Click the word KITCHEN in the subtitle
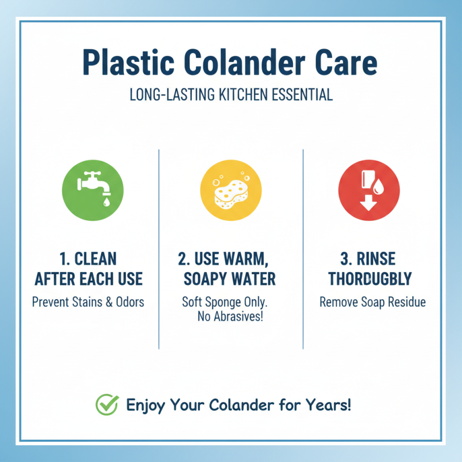248,95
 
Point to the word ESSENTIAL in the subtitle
304,95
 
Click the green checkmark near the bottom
106,404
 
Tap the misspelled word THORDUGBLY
370,280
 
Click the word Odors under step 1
129,301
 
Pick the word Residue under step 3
405,301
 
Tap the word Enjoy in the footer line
147,404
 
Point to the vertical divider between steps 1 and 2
159,248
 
